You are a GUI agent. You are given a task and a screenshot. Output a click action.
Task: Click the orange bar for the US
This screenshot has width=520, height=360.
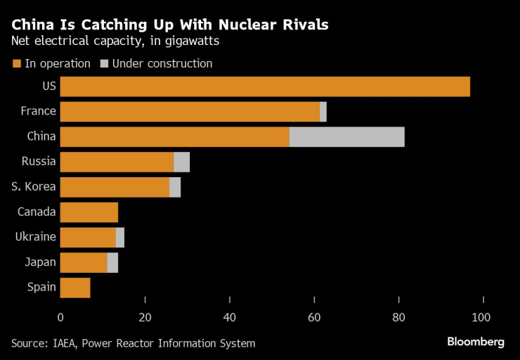pos(265,86)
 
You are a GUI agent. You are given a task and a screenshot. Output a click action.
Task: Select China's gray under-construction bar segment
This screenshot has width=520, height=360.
pos(347,136)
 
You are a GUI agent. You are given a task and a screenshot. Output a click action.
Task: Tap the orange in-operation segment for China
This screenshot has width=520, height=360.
pos(175,136)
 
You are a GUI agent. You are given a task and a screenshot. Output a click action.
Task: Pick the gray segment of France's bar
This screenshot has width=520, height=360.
pos(323,112)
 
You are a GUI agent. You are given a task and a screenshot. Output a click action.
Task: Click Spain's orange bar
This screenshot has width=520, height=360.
pos(75,288)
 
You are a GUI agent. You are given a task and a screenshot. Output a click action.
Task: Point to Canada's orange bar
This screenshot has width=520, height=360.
pos(89,212)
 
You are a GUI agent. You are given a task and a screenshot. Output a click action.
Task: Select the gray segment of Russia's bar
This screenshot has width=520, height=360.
pos(182,162)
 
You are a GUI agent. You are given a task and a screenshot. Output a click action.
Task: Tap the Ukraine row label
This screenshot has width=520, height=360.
pos(35,237)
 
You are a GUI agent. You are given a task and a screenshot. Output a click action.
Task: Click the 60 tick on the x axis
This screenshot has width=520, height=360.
pos(314,317)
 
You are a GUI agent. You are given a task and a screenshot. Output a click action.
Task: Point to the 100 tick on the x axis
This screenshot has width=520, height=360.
pos(482,317)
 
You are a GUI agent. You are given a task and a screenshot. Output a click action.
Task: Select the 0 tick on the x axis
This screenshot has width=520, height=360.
pos(60,317)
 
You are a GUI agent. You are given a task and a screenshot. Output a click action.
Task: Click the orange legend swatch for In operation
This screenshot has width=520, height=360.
pos(16,64)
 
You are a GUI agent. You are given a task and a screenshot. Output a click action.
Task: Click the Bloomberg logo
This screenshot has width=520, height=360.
pos(476,342)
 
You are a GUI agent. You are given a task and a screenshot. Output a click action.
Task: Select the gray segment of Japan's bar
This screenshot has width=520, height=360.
pos(112,262)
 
